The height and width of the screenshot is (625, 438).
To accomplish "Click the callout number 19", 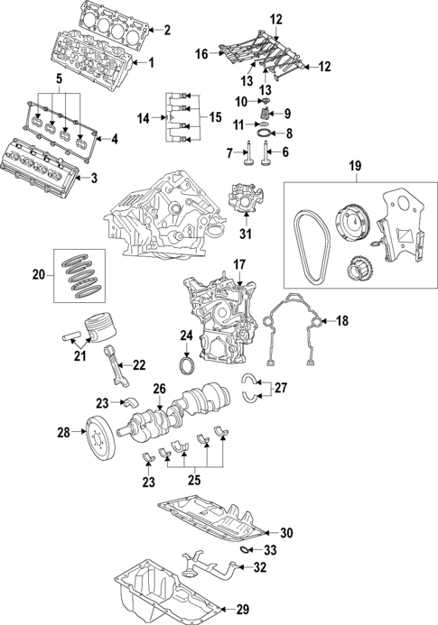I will click(354, 165).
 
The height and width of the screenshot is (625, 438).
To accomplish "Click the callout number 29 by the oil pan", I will click(242, 610).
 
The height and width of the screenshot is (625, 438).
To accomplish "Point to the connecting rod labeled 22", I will click(118, 354).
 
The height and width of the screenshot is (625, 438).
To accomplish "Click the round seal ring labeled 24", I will click(187, 367).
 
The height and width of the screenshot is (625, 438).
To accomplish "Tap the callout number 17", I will click(240, 264).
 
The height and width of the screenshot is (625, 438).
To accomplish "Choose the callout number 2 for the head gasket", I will click(167, 30).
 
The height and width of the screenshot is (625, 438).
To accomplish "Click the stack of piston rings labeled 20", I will click(84, 272).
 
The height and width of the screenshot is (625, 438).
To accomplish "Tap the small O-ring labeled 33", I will click(246, 549).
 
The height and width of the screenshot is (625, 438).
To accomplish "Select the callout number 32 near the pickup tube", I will click(260, 567).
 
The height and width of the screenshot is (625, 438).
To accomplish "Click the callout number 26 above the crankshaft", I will click(159, 390).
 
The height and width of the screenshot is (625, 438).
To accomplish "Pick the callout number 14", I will click(142, 118).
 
